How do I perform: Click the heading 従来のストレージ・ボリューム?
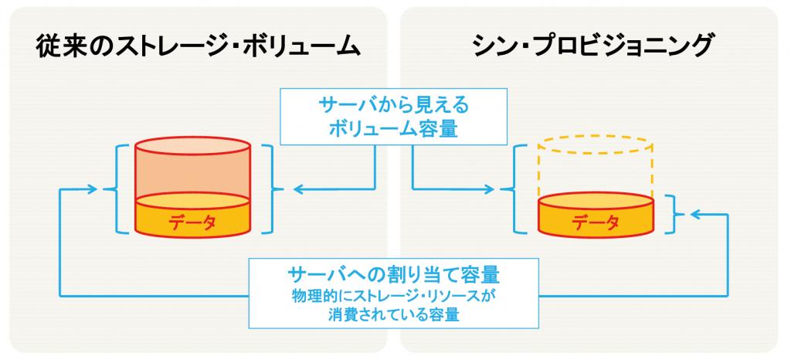coord(198,47)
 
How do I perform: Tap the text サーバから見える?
coord(393,106)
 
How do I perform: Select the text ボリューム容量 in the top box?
coord(393,129)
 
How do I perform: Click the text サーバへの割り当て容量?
coord(393,275)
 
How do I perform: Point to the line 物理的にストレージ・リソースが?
coord(393,297)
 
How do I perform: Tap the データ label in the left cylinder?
coord(192,222)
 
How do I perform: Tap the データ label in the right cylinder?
coord(596,222)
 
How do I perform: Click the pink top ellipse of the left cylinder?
coord(192,146)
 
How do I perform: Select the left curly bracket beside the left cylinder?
coord(115,189)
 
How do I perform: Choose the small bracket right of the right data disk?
coord(675,215)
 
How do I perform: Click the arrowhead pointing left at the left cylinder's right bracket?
coord(297,189)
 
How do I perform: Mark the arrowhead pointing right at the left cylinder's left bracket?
coord(91,189)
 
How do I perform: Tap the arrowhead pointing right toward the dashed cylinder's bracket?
coord(489,189)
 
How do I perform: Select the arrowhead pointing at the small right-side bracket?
coord(695,215)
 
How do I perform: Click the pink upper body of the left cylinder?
coord(192,174)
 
